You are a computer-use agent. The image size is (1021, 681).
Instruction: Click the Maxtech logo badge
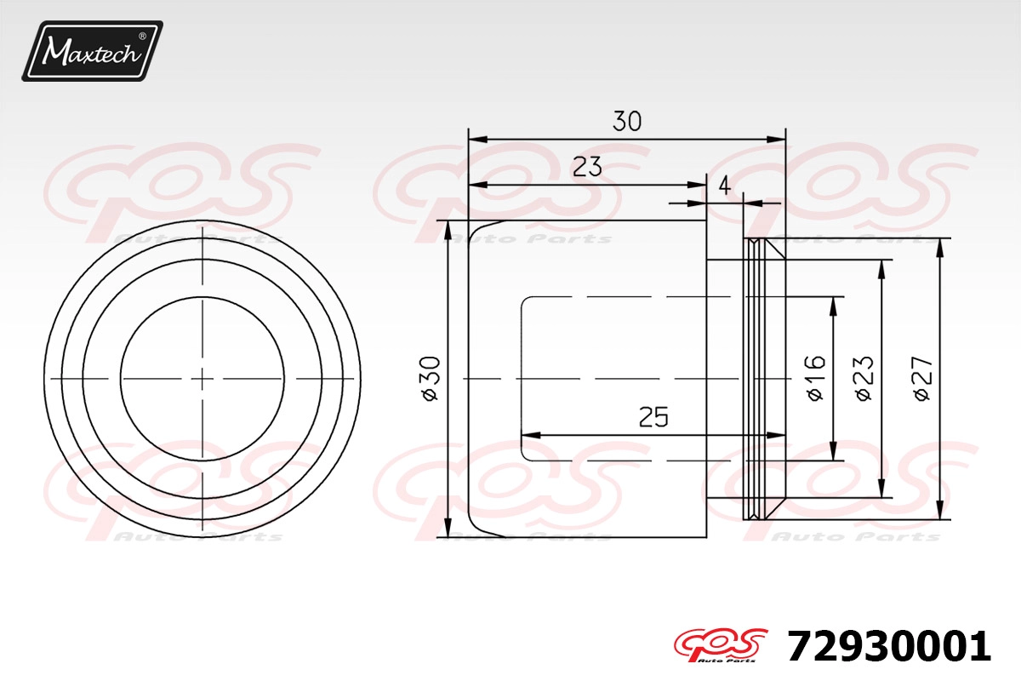tap(92, 50)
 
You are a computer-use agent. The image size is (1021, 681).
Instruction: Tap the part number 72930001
tap(889, 646)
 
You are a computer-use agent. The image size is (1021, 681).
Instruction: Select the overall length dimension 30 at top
tap(627, 121)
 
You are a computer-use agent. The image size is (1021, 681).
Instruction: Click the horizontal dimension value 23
tap(587, 167)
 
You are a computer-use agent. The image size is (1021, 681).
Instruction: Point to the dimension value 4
tap(724, 186)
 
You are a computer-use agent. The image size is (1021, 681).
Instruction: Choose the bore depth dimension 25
tap(653, 416)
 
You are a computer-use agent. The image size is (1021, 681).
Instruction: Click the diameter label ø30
tap(431, 379)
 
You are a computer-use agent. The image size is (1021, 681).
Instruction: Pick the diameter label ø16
tap(816, 379)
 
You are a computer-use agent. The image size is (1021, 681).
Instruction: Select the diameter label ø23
tap(864, 379)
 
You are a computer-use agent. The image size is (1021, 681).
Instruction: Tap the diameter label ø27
tap(923, 379)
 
